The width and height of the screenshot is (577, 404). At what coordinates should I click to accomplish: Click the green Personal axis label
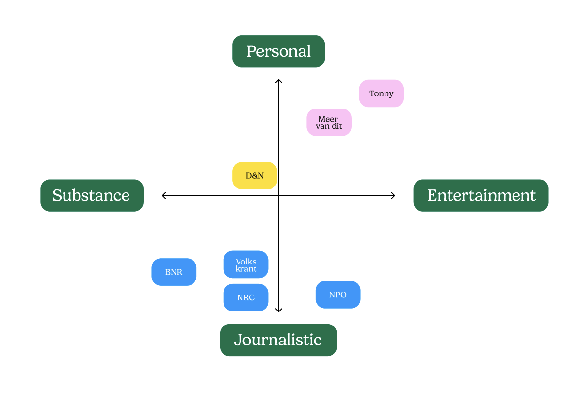tap(279, 51)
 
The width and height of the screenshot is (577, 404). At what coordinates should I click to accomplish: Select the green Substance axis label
tap(92, 195)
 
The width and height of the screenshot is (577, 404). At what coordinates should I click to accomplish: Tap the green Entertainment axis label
tap(481, 195)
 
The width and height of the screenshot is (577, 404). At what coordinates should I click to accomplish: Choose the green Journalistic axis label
tap(278, 340)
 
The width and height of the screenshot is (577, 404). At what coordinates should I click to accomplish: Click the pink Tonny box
tap(381, 93)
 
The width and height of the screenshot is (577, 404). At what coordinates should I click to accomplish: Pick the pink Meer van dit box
tap(329, 122)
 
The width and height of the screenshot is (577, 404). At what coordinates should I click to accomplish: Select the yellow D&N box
tap(255, 176)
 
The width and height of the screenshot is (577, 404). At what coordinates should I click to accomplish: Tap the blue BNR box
tap(174, 272)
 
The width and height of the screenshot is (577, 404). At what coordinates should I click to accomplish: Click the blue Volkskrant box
tap(246, 264)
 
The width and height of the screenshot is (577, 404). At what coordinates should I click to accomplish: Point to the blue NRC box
tap(246, 297)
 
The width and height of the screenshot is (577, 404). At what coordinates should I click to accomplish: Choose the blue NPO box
tap(338, 295)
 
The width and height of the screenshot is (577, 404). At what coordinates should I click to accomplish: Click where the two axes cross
tap(279, 196)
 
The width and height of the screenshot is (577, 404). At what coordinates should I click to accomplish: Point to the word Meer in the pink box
tap(328, 119)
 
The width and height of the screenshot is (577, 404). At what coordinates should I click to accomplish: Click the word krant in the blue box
tap(246, 269)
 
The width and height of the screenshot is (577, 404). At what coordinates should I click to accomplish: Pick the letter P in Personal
tap(251, 51)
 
